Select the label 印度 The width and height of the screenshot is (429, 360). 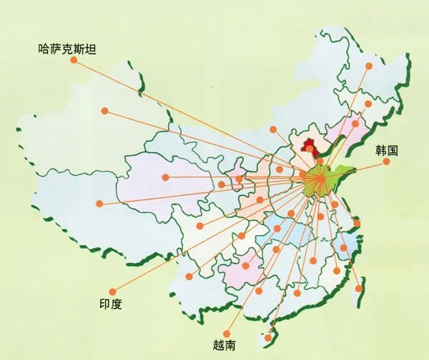(x=111, y=304)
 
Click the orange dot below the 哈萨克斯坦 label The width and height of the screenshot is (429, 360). (x=74, y=61)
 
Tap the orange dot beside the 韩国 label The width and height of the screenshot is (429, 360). (x=386, y=161)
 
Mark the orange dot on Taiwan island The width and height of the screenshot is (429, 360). (x=360, y=288)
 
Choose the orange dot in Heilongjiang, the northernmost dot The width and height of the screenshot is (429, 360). (x=369, y=66)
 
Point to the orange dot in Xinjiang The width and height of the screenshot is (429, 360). (x=105, y=111)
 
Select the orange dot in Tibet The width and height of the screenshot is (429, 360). (x=99, y=204)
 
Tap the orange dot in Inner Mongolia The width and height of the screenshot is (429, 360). (x=272, y=129)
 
